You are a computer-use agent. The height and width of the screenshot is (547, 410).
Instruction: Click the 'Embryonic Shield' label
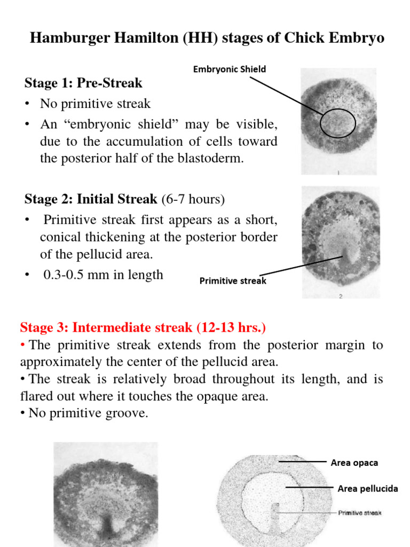tap(230, 69)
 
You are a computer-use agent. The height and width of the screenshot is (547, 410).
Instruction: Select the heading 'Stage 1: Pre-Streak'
tap(83, 83)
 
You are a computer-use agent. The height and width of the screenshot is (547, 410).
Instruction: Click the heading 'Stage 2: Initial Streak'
tap(91, 199)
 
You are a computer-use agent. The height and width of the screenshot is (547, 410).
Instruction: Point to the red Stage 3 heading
tap(143, 327)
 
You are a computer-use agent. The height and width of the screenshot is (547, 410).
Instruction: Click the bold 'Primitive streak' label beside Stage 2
tap(233, 280)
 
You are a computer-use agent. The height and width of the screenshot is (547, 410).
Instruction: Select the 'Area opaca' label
tap(354, 463)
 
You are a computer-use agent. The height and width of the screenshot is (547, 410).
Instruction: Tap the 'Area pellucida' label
tap(367, 488)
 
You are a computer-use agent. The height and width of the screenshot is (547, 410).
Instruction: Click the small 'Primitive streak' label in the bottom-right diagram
tap(359, 513)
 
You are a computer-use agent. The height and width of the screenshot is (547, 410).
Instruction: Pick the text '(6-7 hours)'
tap(193, 199)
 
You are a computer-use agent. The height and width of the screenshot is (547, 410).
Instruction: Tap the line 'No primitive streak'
tap(95, 104)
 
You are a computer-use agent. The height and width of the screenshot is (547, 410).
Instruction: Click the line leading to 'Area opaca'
tap(302, 460)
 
